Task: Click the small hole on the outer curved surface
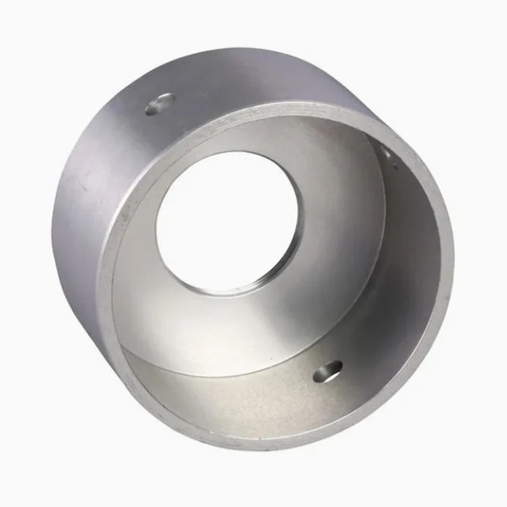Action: pyautogui.click(x=160, y=104)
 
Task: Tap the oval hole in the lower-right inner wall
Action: pyautogui.click(x=328, y=371)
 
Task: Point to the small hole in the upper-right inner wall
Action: pyautogui.click(x=385, y=152)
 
